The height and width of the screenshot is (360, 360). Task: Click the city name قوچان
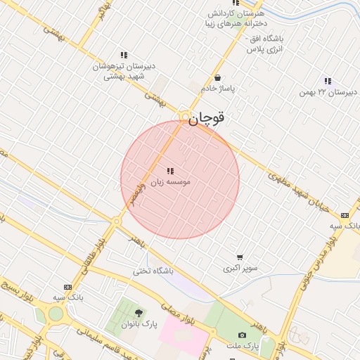tap(207, 120)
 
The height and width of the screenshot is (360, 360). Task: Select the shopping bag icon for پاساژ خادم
tap(218, 78)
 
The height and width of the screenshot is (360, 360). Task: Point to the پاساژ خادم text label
tap(218, 89)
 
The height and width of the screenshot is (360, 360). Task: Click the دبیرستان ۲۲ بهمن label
tap(328, 92)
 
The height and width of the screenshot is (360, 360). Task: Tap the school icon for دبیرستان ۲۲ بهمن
tap(328, 82)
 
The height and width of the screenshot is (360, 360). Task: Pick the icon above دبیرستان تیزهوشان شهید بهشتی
tap(124, 55)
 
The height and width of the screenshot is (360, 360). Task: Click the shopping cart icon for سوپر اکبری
tap(240, 257)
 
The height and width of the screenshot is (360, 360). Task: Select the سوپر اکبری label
tap(240, 268)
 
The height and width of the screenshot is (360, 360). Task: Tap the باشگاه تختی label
tap(154, 270)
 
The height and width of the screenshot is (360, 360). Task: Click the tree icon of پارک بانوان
tap(137, 313)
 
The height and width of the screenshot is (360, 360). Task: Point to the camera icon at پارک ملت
tap(243, 335)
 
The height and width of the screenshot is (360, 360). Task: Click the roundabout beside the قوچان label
tap(185, 117)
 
